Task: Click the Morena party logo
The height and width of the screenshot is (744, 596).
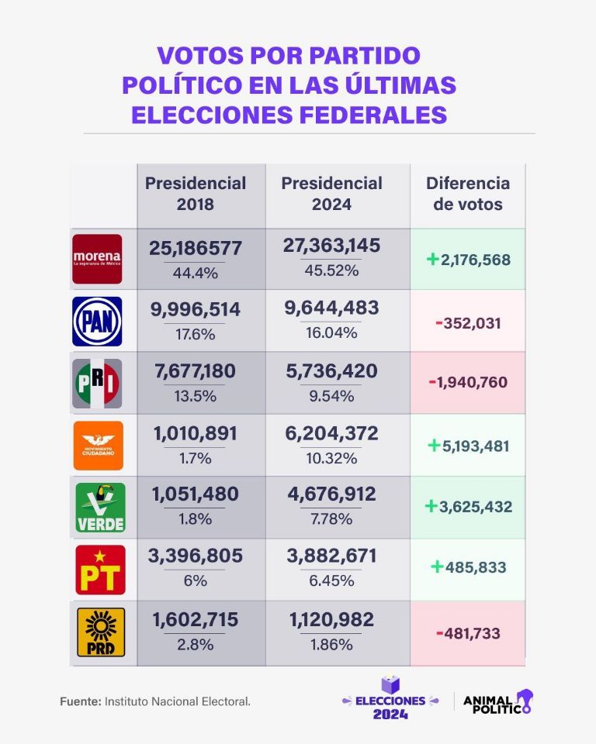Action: point(97,259)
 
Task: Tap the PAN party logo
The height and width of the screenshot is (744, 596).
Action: point(97,321)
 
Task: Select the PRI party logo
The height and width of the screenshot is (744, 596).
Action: point(97,383)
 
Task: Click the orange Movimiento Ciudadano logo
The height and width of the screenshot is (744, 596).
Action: point(98,445)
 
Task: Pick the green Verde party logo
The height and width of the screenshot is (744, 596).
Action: point(98,508)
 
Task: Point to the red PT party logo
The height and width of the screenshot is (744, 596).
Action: point(99,570)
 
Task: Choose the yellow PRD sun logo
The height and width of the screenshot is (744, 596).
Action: point(98,632)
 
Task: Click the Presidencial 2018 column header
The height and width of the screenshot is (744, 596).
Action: point(196,194)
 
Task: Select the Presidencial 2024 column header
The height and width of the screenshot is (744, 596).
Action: point(331,194)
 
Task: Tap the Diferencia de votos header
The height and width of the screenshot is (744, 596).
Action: point(468,194)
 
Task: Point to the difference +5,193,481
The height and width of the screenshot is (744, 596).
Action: point(468,446)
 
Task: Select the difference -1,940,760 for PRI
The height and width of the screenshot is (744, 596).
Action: point(468,383)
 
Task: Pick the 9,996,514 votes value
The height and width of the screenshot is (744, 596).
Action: point(195,309)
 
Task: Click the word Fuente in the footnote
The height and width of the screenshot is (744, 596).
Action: point(79,701)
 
